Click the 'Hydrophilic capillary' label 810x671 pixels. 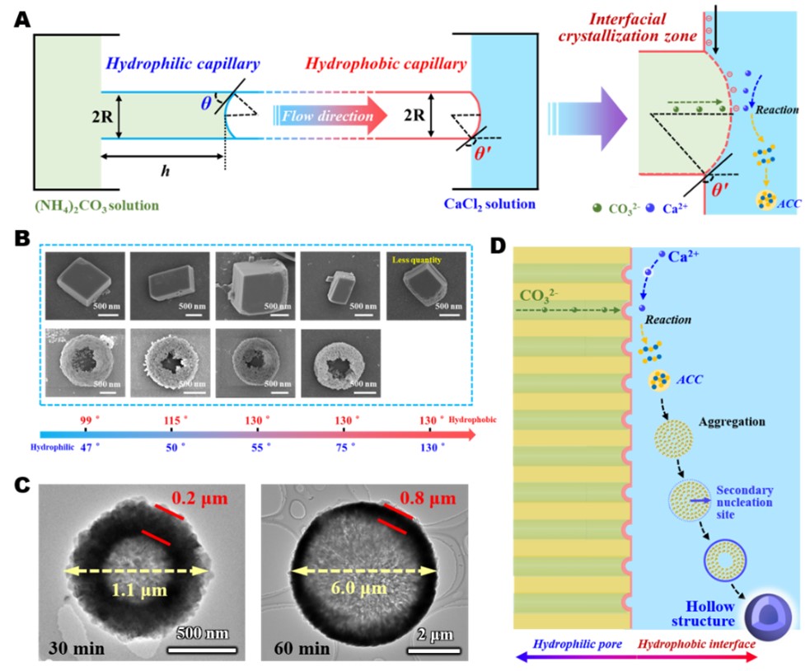click(x=183, y=64)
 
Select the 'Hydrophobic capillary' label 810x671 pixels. click(x=385, y=64)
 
